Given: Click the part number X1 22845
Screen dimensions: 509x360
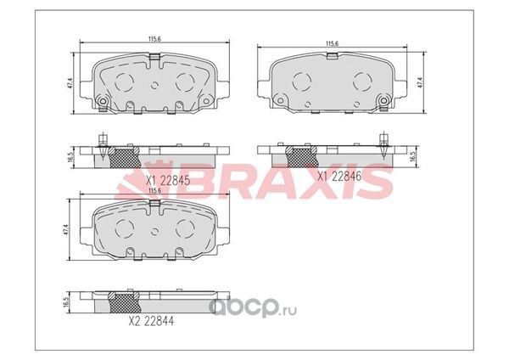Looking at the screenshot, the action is pyautogui.click(x=168, y=180).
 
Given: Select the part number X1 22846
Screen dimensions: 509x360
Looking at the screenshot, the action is pyautogui.click(x=339, y=177).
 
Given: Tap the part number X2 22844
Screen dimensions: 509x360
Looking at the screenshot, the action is pyautogui.click(x=151, y=321).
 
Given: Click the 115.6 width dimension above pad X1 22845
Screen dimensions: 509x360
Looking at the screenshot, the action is pyautogui.click(x=155, y=39).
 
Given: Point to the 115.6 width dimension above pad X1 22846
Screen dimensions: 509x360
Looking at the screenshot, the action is pyautogui.click(x=332, y=43).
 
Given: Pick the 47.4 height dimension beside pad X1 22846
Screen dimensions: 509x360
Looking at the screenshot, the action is pyautogui.click(x=421, y=82).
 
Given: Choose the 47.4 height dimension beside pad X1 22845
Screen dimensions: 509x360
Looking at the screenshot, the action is pyautogui.click(x=70, y=83).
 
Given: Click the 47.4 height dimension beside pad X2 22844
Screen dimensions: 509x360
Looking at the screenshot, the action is pyautogui.click(x=66, y=229).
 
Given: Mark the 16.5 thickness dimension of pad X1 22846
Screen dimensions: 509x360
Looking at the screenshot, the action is pyautogui.click(x=413, y=156).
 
